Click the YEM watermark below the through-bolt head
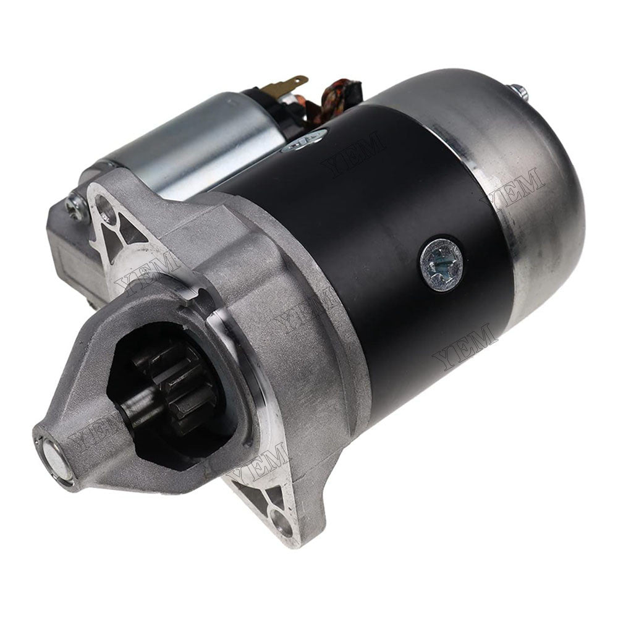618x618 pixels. (467, 346)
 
